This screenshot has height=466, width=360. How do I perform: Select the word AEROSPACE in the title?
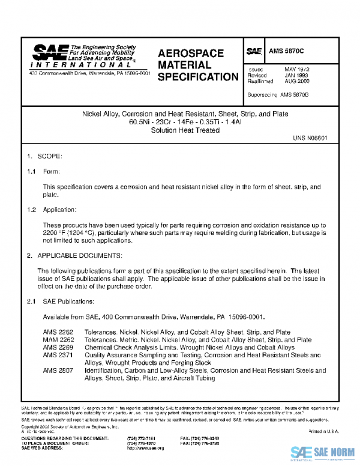(191, 53)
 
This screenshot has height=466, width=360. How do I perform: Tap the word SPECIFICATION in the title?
(198, 77)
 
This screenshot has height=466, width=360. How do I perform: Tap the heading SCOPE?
(50, 156)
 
